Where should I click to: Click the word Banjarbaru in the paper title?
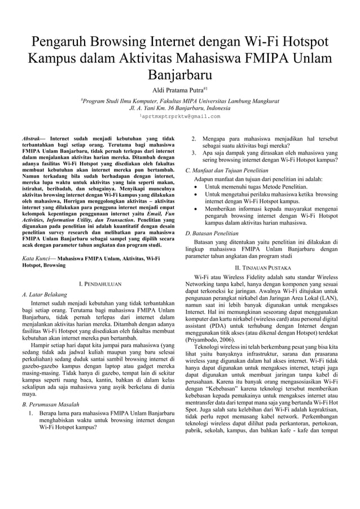coord(179,75)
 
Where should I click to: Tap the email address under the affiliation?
coord(181,116)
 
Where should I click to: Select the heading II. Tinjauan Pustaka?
coord(263,267)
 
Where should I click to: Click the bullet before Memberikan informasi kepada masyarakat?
coord(195,208)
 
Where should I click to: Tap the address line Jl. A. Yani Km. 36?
coord(179,107)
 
